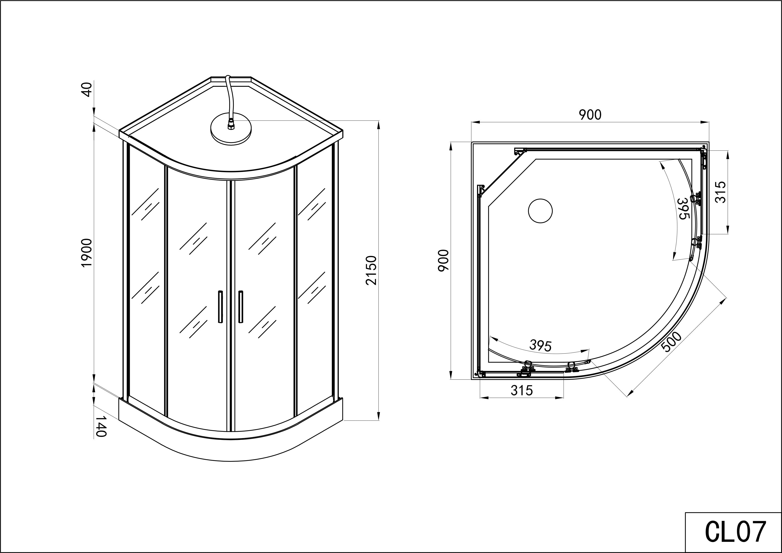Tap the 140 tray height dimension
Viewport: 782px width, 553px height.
tap(101, 426)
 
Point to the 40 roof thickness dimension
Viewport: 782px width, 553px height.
tap(87, 90)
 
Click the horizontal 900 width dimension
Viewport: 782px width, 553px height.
tap(590, 115)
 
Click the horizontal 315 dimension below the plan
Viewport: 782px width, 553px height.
tap(521, 390)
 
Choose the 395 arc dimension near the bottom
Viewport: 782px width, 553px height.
tap(540, 346)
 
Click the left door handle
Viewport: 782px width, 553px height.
tap(220, 306)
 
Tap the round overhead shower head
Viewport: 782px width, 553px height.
tap(231, 131)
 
